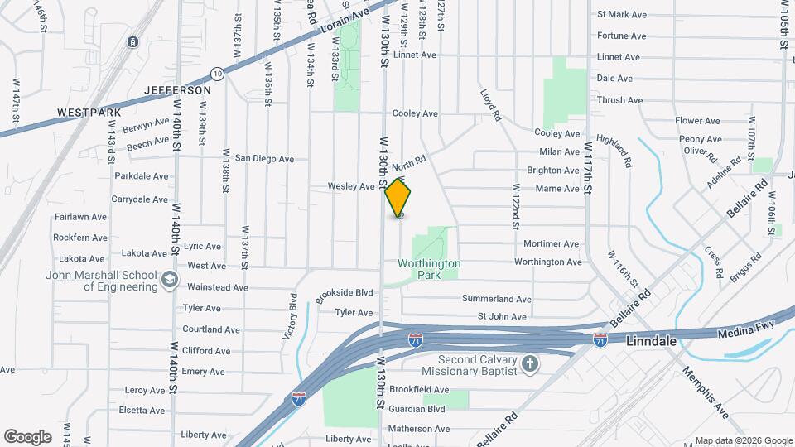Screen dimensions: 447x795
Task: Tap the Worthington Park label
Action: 429,270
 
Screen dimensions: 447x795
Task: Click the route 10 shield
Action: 216,73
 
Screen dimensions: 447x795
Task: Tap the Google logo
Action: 27,436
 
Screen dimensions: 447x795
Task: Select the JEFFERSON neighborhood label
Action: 177,89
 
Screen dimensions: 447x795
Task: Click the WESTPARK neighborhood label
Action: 89,112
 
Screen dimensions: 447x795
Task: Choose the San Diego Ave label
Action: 264,158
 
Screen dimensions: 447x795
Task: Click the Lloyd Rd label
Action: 491,105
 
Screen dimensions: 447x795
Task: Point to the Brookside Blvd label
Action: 344,293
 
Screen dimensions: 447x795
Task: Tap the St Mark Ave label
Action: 621,14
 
